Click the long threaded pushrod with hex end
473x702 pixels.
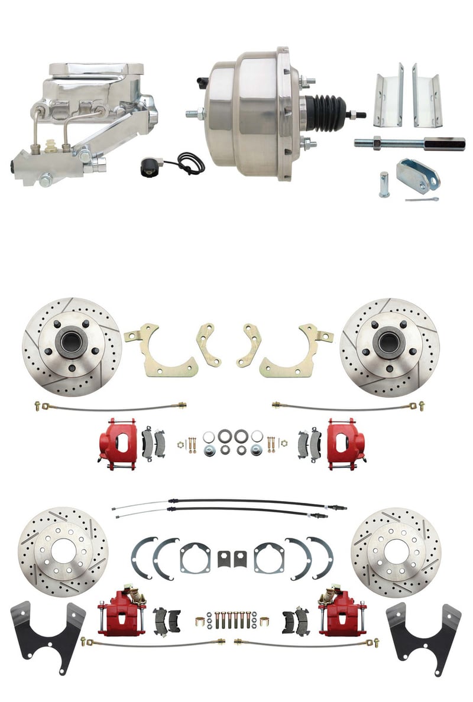pos(408,142)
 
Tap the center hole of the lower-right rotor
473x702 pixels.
pos(395,551)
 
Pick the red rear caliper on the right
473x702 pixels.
pos(338,615)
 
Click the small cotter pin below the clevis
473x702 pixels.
pos(422,200)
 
